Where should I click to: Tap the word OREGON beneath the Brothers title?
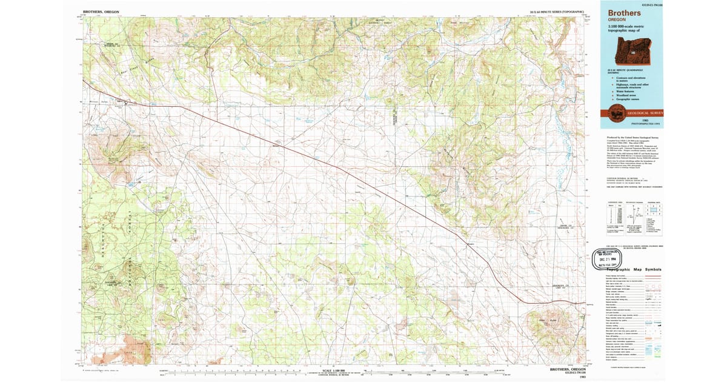point(616,19)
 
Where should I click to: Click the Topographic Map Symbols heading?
point(633,269)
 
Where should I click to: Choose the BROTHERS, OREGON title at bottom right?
point(566,369)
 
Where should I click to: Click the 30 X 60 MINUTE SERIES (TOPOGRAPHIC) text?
point(557,12)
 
